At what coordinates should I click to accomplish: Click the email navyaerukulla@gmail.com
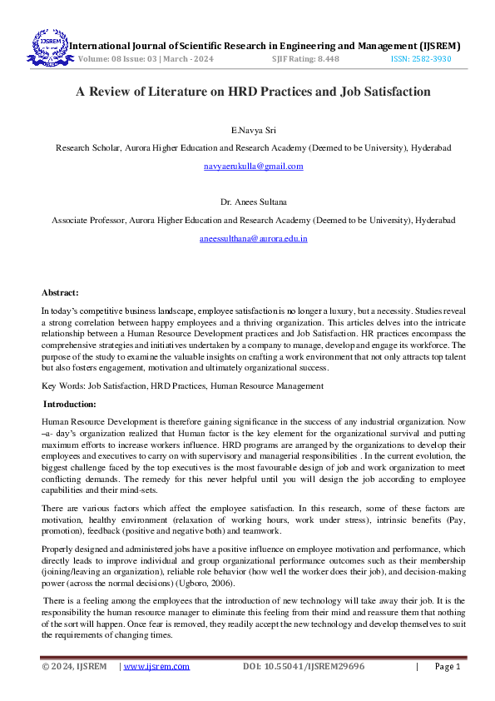254,167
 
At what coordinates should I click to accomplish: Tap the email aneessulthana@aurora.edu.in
254,238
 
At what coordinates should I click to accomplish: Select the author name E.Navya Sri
254,131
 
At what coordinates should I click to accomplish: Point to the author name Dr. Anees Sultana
254,202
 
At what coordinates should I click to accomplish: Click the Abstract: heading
61,292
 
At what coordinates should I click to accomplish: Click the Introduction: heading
70,404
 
